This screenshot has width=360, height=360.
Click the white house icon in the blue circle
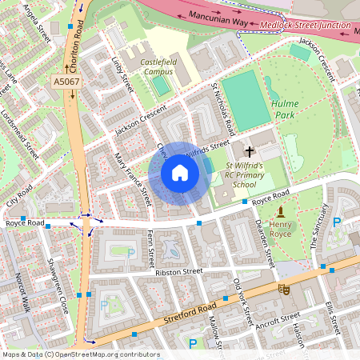point(180,173)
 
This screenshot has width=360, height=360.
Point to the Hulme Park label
point(284,110)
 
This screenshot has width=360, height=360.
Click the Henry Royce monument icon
point(281,211)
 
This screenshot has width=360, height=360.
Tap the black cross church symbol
point(250,150)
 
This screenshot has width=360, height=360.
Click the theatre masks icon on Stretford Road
point(282,288)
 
